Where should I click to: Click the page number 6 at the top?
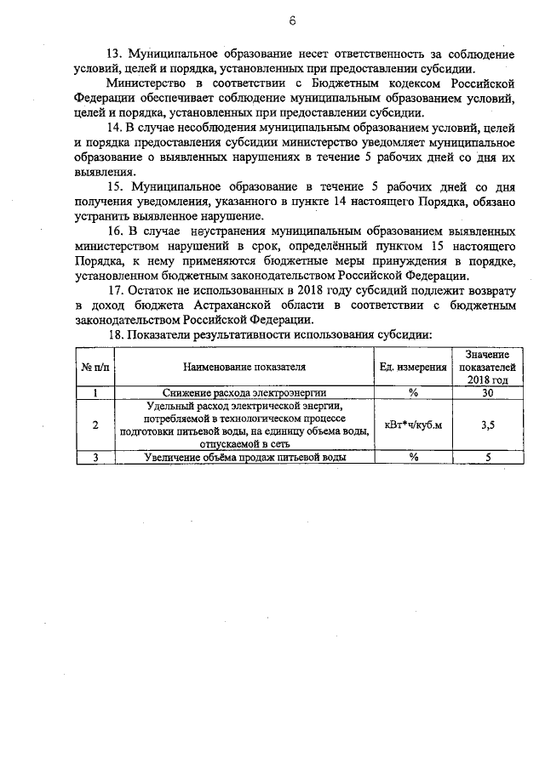[x=268, y=20]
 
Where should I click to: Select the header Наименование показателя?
[x=244, y=367]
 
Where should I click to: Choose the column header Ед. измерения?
[x=413, y=367]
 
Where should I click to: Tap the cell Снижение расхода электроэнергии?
[x=244, y=393]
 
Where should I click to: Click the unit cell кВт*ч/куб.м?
[x=413, y=425]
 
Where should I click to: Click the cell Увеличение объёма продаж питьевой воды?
[x=244, y=457]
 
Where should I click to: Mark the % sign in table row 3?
[x=413, y=457]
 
